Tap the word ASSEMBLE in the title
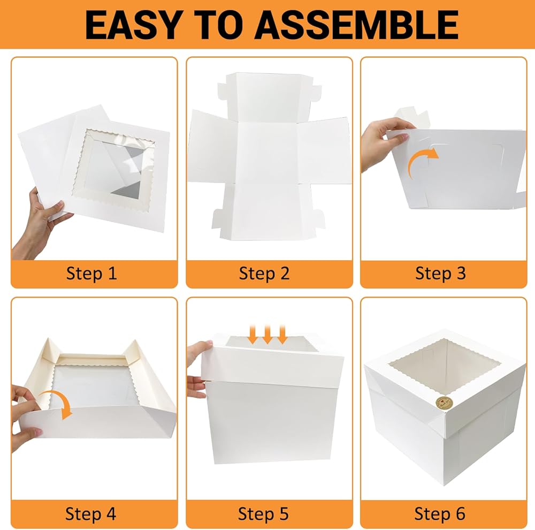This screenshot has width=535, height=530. click(x=356, y=25)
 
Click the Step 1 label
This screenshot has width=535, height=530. click(x=91, y=274)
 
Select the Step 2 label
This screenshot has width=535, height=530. click(x=264, y=274)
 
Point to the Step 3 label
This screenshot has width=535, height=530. click(x=440, y=274)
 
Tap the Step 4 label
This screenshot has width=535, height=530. click(x=91, y=514)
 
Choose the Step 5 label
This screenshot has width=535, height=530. click(x=263, y=514)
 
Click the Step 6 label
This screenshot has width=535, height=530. click(x=440, y=514)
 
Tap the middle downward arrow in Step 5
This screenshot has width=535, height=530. click(x=267, y=335)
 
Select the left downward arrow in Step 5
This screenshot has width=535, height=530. click(x=253, y=335)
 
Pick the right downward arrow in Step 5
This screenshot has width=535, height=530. click(x=282, y=335)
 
